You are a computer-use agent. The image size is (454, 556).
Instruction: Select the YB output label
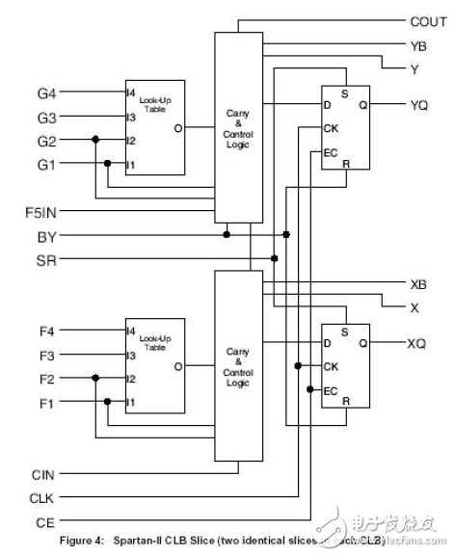click(x=418, y=44)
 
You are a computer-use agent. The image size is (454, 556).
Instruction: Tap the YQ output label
click(x=419, y=105)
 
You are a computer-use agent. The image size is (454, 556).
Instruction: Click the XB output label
click(x=418, y=283)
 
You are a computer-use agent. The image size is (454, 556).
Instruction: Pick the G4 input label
click(x=46, y=93)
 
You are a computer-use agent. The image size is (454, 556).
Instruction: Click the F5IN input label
click(x=43, y=209)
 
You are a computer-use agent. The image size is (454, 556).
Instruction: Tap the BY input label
click(x=46, y=234)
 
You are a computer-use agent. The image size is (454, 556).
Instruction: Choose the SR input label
click(x=46, y=258)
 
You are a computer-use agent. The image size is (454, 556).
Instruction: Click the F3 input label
click(x=46, y=355)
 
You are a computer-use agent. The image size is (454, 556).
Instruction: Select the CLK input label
click(x=44, y=498)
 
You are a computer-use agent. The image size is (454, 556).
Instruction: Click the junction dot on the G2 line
click(x=95, y=140)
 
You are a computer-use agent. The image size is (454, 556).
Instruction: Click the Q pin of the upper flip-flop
click(x=362, y=105)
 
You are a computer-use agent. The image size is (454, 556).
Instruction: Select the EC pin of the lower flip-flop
click(x=331, y=389)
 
